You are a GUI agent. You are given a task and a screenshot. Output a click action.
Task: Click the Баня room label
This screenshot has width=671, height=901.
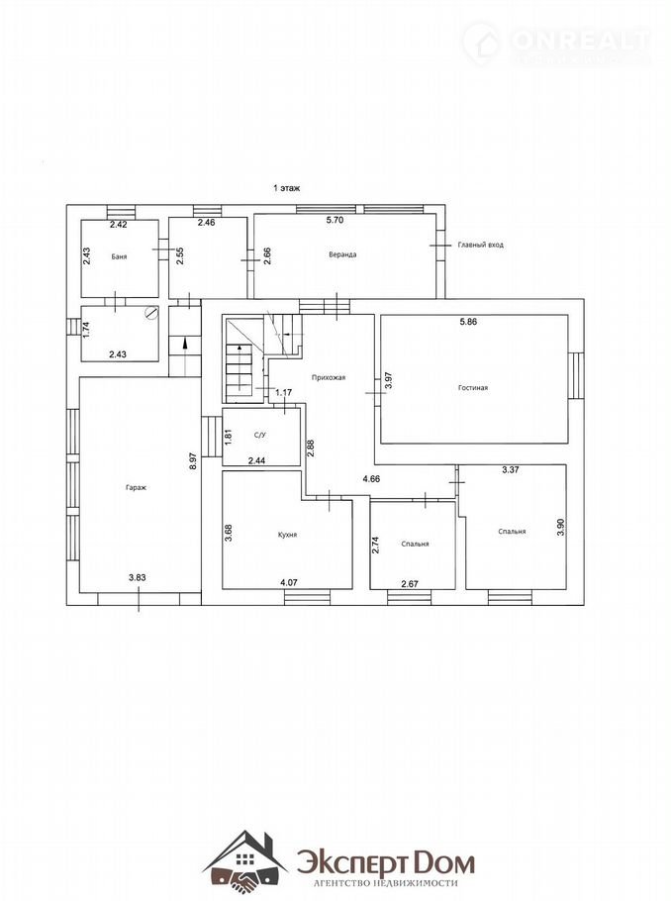tap(119, 256)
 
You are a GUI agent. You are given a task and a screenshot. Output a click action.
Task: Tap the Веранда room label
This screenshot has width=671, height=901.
tap(342, 254)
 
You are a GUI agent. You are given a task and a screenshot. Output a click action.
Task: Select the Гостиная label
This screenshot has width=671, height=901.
tap(473, 388)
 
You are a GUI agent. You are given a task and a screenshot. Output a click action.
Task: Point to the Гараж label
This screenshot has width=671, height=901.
tap(137, 488)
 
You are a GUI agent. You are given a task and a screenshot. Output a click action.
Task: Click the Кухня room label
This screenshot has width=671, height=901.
tap(287, 535)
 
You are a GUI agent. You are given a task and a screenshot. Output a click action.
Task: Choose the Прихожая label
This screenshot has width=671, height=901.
tap(328, 377)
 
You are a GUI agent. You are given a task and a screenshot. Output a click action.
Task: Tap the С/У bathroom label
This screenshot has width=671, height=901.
tap(260, 435)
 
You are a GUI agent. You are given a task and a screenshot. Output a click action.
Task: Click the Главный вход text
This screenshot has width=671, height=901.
tap(480, 245)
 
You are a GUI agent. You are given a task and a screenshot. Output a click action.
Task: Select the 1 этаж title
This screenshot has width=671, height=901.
tap(287, 188)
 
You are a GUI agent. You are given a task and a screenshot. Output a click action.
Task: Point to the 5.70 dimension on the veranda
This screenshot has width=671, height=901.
tap(335, 220)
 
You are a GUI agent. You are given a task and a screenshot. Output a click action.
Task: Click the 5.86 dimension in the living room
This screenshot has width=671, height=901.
tap(468, 322)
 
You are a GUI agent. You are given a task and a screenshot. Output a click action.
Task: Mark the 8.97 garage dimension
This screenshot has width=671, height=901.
tap(193, 461)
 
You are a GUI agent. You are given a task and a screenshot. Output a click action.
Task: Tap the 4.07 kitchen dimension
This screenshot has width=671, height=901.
tap(289, 582)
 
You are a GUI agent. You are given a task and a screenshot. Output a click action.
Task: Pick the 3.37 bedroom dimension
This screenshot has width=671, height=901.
tap(510, 469)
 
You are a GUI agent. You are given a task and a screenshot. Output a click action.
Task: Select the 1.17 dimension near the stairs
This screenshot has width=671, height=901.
tap(284, 393)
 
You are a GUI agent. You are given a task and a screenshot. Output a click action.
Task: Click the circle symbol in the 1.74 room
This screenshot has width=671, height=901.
tap(150, 313)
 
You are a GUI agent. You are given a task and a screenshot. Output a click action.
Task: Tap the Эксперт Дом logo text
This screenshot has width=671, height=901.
tap(386, 863)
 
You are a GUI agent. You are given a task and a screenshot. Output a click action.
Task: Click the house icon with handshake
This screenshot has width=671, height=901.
tap(245, 859)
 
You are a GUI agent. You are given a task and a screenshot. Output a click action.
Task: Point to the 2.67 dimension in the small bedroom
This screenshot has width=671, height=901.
tap(410, 584)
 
